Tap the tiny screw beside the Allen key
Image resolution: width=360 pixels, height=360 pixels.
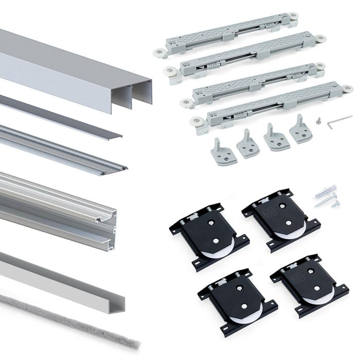tap(320, 121)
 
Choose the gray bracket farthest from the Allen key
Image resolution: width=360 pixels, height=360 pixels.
tap(223, 152)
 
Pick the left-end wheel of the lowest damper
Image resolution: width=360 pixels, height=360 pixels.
tap(196, 122)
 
